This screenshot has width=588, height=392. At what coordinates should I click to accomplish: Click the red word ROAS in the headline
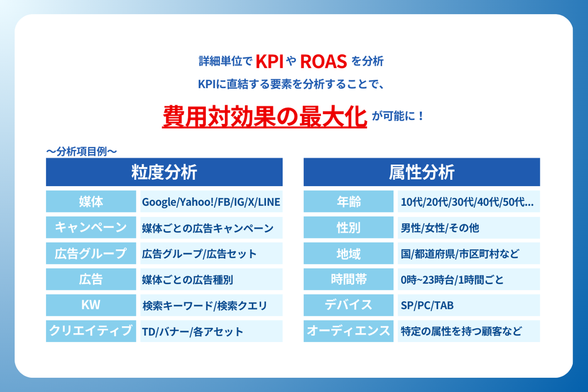[x=323, y=62]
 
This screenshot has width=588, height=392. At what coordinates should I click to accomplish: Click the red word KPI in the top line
[x=269, y=62]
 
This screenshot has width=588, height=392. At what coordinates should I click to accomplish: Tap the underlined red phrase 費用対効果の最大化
[x=265, y=116]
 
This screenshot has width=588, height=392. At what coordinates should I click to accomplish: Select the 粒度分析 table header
[x=164, y=172]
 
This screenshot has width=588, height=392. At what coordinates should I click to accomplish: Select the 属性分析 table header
[x=422, y=172]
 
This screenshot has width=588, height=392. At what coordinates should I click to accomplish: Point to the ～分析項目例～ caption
[x=81, y=151]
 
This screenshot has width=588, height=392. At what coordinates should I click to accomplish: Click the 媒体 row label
[x=91, y=201]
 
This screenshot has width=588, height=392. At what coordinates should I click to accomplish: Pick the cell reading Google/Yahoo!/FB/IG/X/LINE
[x=212, y=201]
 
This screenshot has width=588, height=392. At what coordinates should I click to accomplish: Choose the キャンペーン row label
[x=91, y=227]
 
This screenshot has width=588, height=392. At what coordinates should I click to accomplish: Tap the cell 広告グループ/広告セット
[x=212, y=253]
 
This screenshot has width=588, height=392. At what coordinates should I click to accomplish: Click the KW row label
[x=91, y=305]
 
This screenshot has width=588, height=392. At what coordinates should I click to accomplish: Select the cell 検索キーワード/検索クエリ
[x=212, y=305]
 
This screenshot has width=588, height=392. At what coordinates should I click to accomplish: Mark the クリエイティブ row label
[x=91, y=331]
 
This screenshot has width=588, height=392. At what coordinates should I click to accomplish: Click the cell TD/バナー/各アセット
[x=212, y=331]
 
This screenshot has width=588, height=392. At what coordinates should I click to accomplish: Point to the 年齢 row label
[x=349, y=201]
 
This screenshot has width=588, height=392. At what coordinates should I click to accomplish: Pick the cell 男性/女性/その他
[x=469, y=227]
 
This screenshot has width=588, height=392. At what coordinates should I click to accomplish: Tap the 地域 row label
[x=349, y=253]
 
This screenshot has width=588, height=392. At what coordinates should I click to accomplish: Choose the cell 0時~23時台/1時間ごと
[x=469, y=279]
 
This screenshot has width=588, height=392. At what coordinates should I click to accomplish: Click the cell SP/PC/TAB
[x=469, y=305]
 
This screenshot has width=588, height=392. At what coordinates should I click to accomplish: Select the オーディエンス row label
[x=349, y=331]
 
